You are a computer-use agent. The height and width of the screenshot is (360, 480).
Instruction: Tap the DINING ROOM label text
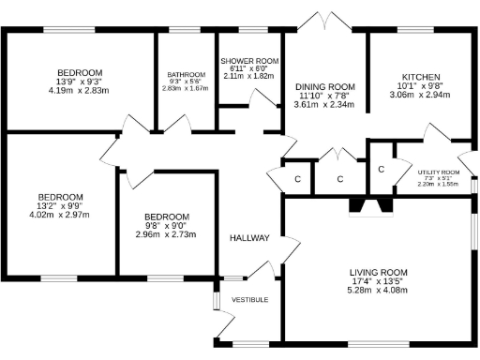click(322, 84)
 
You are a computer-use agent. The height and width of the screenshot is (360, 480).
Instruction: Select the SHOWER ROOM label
click(249, 59)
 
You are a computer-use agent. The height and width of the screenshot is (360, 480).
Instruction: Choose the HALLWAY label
click(249, 238)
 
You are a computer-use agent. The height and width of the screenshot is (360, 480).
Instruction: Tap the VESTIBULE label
click(250, 299)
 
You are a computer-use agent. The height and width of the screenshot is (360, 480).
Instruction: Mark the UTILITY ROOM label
click(438, 172)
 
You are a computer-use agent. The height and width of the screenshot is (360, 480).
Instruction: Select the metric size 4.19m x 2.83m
click(79, 91)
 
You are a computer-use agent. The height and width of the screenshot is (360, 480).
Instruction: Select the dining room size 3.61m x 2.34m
click(322, 105)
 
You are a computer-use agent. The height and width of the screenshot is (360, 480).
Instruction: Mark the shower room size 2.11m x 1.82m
click(249, 76)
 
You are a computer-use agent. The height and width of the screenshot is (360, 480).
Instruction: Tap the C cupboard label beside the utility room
click(381, 169)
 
